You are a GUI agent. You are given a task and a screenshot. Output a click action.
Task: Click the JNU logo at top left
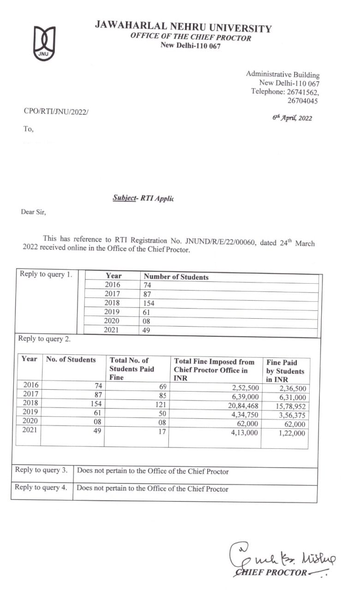44,43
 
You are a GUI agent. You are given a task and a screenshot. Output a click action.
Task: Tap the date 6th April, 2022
292,118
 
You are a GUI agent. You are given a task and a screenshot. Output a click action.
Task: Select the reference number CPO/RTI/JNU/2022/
55,112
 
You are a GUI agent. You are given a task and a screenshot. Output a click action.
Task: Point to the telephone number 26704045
303,100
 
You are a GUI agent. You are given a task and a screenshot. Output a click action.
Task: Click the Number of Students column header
176,277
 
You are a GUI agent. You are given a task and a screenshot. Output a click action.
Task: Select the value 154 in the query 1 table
149,303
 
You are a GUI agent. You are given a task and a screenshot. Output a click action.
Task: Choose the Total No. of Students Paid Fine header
132,369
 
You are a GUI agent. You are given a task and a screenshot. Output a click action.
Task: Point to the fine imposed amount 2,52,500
244,388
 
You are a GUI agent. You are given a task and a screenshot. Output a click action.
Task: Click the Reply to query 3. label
41,470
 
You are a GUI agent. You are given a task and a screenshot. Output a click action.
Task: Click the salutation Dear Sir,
34,212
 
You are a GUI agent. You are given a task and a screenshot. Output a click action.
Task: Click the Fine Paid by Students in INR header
285,371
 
